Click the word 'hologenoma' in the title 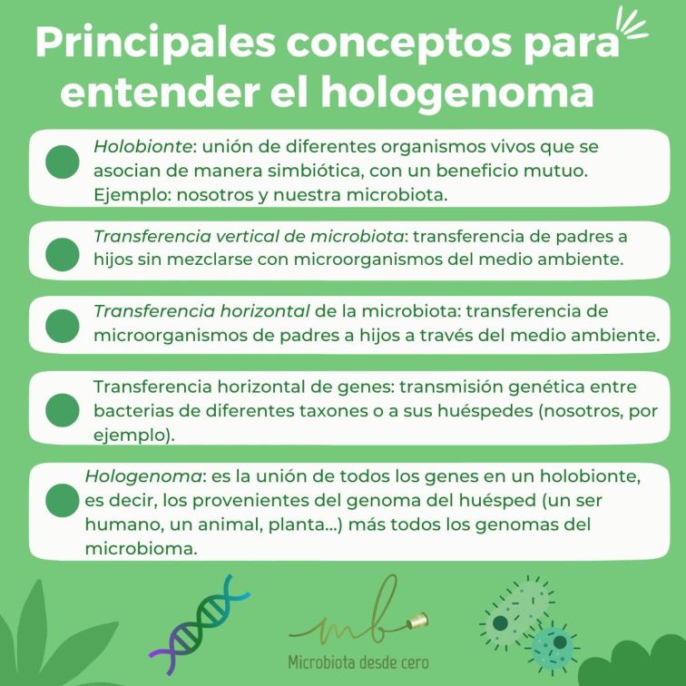point(457,92)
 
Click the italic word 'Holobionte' point(142,147)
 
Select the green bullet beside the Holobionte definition point(63,162)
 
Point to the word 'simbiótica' point(316,171)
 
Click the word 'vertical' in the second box point(247,236)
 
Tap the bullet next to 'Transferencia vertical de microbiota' point(63,255)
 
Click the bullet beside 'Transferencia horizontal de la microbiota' point(63,326)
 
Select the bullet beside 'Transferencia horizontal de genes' point(63,410)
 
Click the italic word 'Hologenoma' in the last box point(143,476)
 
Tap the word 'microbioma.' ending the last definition point(141,548)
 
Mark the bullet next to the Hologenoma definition point(63,501)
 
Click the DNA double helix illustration point(200,624)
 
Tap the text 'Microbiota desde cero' point(358,661)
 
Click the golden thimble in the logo point(418,621)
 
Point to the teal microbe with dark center point(553,646)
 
